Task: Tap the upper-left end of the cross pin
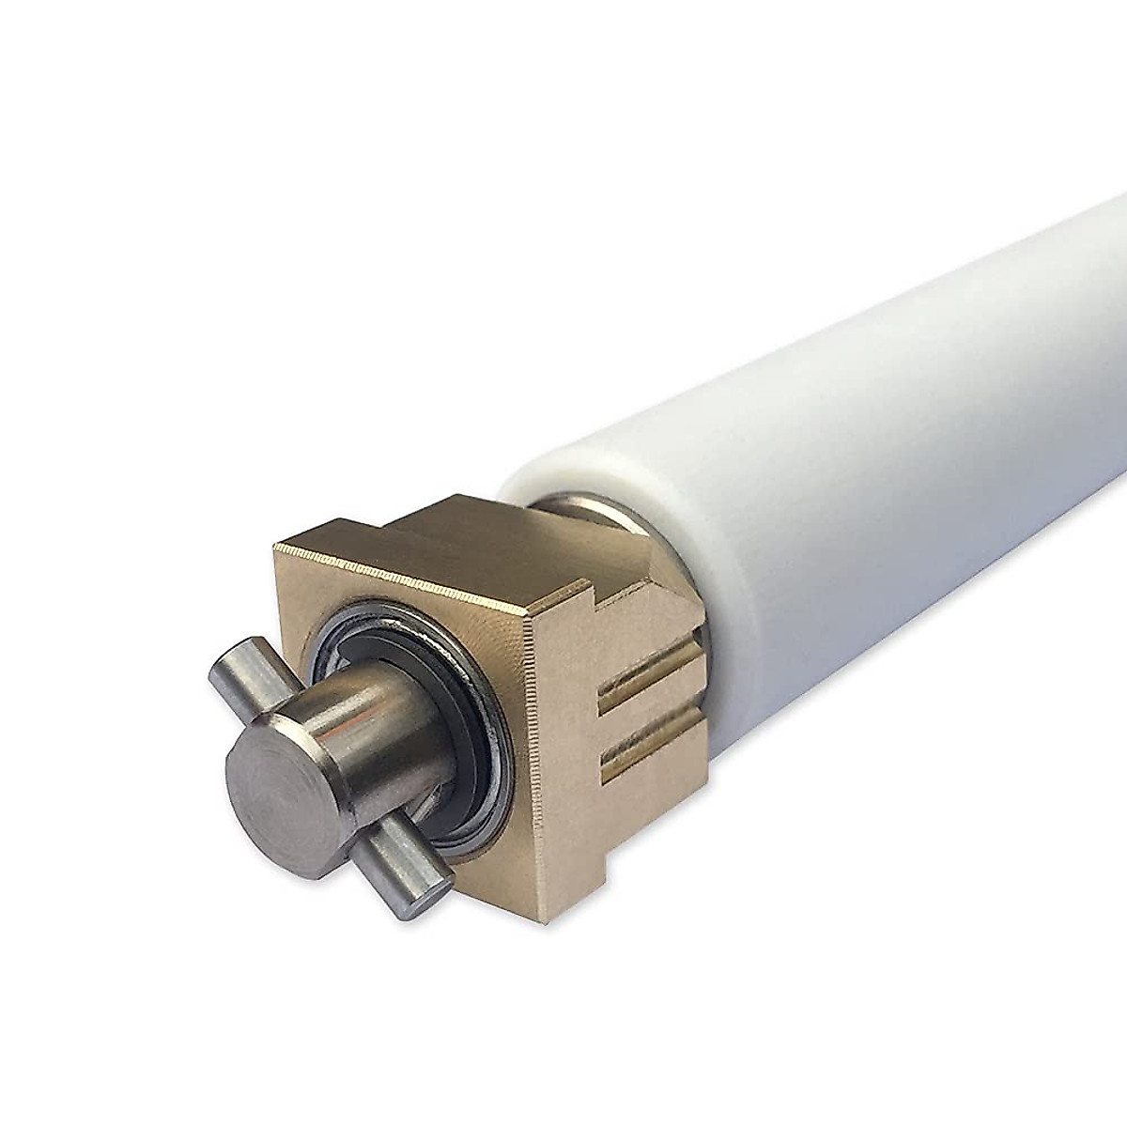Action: [x=225, y=670]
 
